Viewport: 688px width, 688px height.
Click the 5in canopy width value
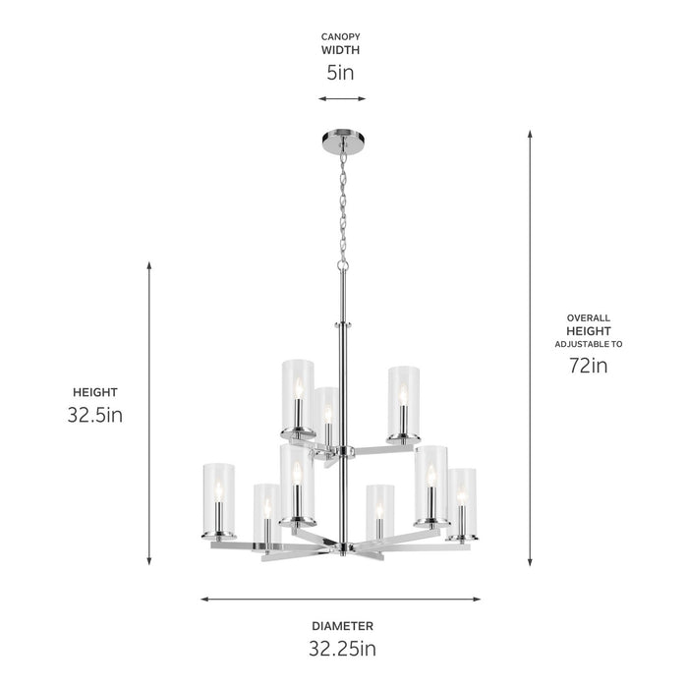[x=340, y=73]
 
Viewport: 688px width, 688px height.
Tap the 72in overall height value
[x=588, y=367]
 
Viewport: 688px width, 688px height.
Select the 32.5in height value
[x=94, y=415]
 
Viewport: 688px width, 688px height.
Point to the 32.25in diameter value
[x=341, y=648]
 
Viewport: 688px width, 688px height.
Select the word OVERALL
[x=588, y=318]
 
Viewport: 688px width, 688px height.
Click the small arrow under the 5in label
[x=342, y=98]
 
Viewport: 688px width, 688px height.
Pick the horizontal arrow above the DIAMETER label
[x=341, y=598]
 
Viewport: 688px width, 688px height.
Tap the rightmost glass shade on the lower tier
[x=462, y=503]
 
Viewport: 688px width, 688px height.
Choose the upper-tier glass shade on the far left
[x=297, y=398]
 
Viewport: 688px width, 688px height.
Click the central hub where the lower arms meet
[x=342, y=546]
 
